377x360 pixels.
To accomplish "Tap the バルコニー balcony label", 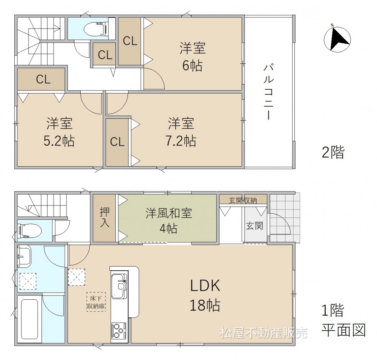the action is tap(268, 92).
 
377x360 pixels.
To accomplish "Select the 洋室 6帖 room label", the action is tap(193, 57).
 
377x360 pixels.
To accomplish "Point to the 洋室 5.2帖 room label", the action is tap(59, 132).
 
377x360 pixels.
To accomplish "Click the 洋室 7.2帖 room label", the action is tap(181, 132).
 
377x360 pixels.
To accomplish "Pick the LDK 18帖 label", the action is tap(205, 295).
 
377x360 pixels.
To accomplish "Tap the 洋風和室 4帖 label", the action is tap(169, 221).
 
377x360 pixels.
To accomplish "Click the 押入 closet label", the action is tap(104, 218).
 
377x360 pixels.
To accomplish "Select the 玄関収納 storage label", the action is tap(243, 200).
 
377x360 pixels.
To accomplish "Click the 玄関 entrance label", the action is tap(254, 226).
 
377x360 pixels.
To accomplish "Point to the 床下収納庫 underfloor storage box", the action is tap(96, 302).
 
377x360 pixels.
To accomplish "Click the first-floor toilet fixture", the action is tap(29, 231).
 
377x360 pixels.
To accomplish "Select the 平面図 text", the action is tap(344, 330).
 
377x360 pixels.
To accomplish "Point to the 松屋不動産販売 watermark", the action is tap(264, 333).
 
